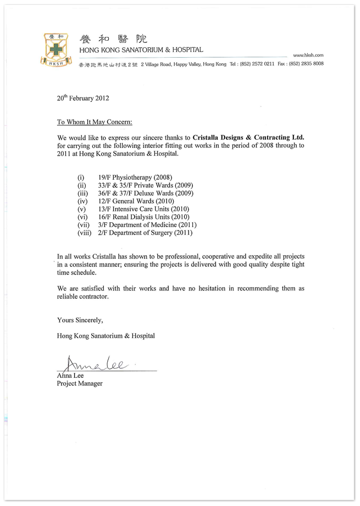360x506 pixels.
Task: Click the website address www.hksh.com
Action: click(x=308, y=56)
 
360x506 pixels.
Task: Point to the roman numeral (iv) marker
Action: click(x=84, y=201)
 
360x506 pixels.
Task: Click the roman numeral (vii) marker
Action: click(x=85, y=225)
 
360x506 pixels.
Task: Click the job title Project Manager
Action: click(x=79, y=383)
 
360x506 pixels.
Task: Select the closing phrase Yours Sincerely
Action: click(x=80, y=320)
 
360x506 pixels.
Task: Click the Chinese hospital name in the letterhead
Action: click(x=114, y=38)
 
